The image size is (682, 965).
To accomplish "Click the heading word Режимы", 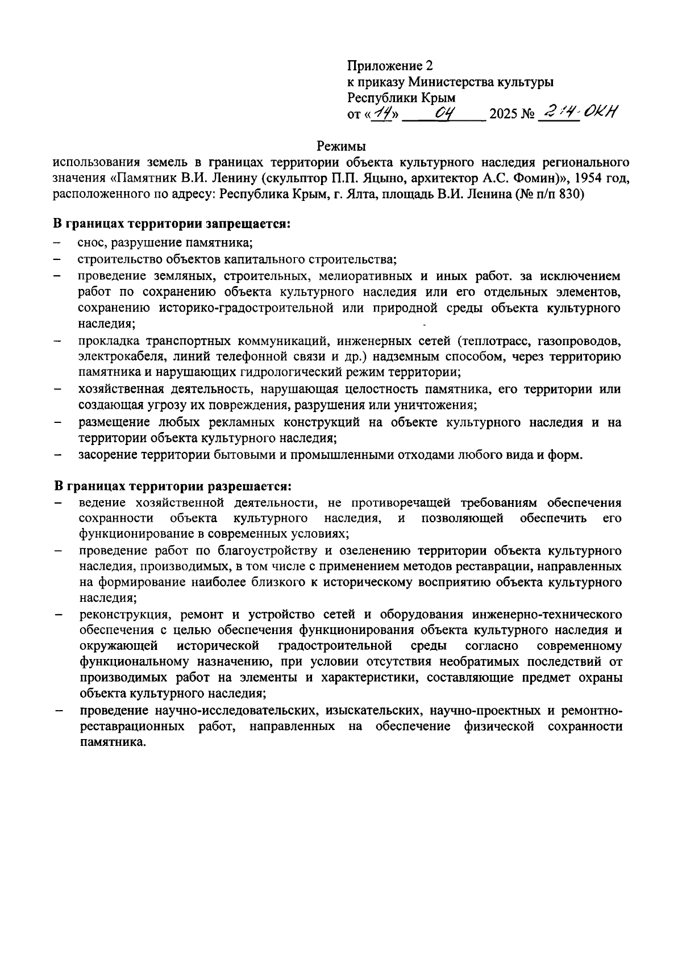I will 341,146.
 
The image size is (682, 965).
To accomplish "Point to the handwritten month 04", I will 444,114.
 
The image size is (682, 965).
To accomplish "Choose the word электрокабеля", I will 114,357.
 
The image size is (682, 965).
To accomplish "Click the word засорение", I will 107,455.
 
